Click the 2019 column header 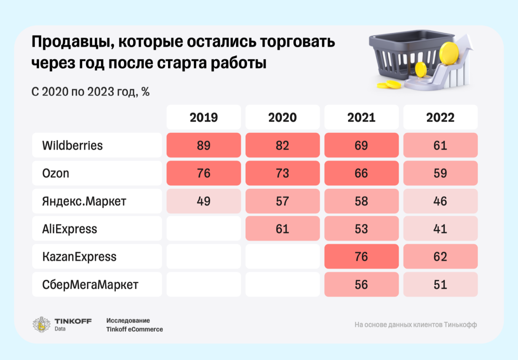[x=203, y=117]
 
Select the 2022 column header [x=440, y=117]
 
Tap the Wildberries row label [x=72, y=145]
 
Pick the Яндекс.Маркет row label [x=84, y=201]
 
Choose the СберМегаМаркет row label [x=90, y=285]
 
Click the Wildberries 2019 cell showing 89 [x=203, y=145]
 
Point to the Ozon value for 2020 [x=282, y=173]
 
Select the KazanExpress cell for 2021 [x=361, y=256]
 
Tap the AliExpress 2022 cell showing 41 [x=440, y=229]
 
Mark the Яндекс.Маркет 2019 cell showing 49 [x=203, y=201]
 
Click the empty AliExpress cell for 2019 [x=203, y=229]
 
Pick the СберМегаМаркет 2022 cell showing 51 [x=440, y=285]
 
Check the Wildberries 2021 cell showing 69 [x=361, y=145]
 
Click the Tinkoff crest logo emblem [x=41, y=325]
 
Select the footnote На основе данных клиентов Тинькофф [x=416, y=325]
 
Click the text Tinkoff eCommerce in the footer [x=134, y=329]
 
